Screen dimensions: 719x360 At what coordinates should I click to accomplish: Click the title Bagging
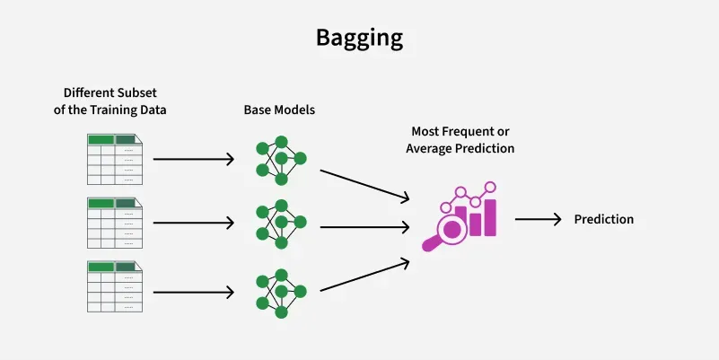coord(359,39)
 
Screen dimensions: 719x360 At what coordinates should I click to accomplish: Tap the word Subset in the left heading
coord(137,92)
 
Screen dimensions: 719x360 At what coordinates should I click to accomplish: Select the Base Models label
coord(279,110)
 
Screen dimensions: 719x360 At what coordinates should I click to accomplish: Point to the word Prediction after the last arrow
coord(604,219)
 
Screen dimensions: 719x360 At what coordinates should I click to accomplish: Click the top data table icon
coord(115,159)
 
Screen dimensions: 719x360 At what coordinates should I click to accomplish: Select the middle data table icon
coord(115,223)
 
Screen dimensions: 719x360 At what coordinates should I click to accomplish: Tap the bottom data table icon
coord(115,286)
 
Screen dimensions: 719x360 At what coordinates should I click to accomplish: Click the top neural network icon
coord(281,161)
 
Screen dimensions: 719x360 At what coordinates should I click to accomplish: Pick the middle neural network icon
coord(281,224)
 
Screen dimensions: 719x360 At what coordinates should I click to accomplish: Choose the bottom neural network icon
coord(281,294)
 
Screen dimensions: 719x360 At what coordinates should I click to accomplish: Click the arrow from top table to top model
coord(194,159)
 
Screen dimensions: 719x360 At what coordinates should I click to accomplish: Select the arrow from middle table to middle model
coord(194,223)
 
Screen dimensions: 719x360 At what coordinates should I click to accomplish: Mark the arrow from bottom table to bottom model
coord(194,292)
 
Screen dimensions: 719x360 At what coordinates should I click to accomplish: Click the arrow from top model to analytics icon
coord(364,185)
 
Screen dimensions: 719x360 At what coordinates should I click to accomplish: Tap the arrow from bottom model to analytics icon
coord(364,275)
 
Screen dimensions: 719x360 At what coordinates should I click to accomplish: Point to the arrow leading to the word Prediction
coord(539,219)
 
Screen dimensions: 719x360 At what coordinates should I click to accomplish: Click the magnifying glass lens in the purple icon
coord(452,228)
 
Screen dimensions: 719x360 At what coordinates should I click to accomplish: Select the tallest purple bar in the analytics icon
coord(490,217)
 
